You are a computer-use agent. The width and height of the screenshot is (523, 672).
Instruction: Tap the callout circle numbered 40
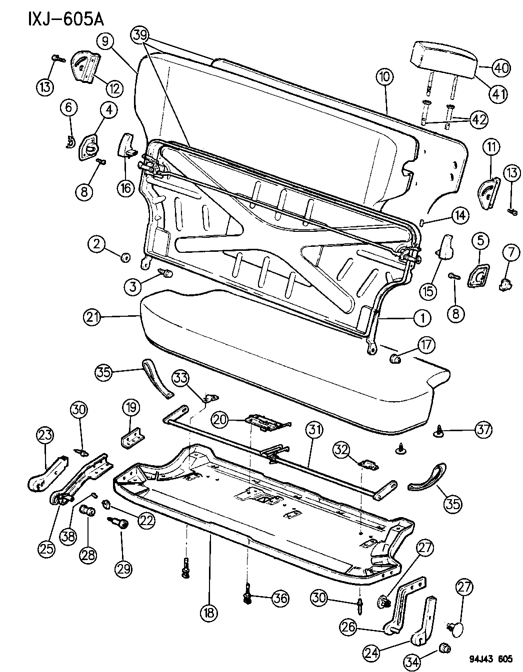coord(500,67)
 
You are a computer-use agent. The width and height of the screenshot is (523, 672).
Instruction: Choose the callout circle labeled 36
coord(280,598)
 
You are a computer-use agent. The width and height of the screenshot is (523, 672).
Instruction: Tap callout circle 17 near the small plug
coord(426,344)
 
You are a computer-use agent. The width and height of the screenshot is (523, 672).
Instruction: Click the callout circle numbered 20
coord(219,420)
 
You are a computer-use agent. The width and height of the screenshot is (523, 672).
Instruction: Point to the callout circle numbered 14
coord(460,215)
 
